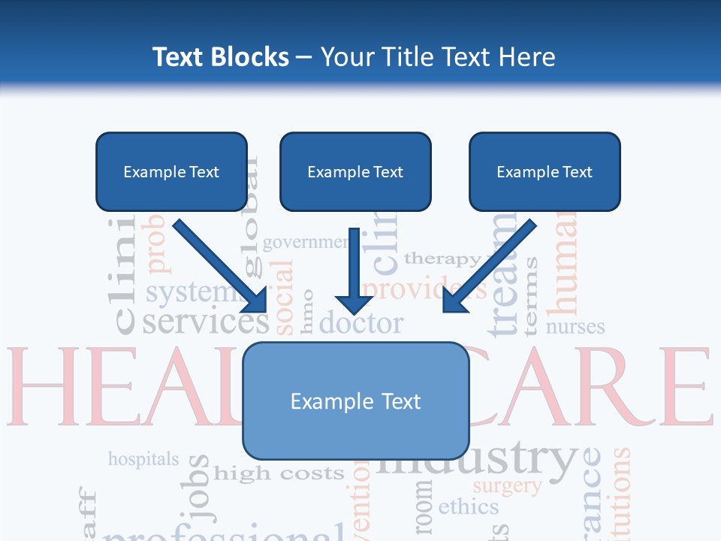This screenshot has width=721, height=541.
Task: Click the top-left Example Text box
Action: coord(171,171)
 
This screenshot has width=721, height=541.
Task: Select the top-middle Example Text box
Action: coord(355,171)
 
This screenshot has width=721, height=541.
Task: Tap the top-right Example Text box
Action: coord(545,171)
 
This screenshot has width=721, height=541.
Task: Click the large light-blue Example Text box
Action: coord(356,400)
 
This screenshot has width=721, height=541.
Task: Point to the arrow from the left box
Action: coord(222,267)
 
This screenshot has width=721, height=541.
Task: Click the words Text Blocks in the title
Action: coord(220,57)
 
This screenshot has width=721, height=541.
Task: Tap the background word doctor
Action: coord(361,323)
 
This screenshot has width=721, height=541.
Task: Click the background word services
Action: coord(205,322)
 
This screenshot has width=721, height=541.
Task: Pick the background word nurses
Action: coord(575,327)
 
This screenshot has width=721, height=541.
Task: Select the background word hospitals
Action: coord(143,458)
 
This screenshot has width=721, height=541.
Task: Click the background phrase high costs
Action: coord(279,474)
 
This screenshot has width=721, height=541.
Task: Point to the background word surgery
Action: coord(507,486)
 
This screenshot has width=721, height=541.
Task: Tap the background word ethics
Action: coord(468,506)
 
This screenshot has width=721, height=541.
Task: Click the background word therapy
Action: coord(443,259)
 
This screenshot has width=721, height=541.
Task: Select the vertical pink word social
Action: coord(283,297)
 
